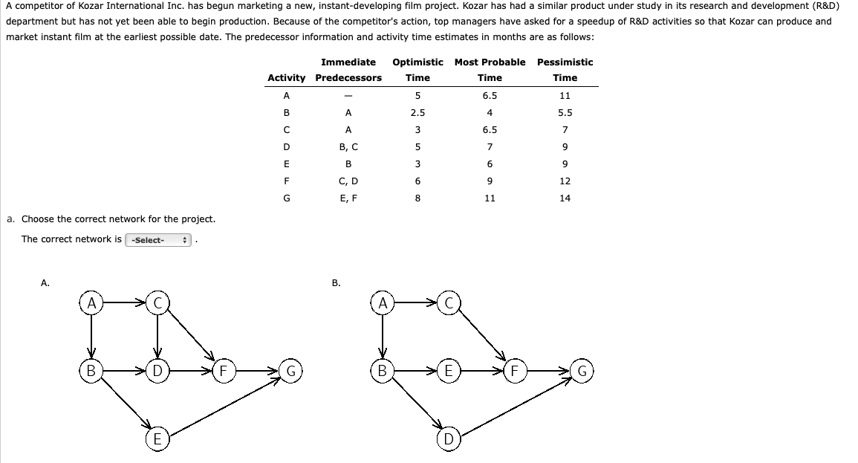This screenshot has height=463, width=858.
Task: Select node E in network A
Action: point(157,438)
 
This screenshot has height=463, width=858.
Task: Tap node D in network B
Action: point(448,438)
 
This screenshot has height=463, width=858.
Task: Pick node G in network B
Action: point(583,369)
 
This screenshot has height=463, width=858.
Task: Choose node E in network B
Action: point(448,369)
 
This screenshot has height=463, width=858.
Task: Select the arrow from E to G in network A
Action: point(223,405)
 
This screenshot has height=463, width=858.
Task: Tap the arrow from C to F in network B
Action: point(483,334)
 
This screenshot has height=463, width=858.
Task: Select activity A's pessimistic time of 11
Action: point(565,96)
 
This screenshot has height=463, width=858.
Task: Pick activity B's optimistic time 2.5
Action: point(417,113)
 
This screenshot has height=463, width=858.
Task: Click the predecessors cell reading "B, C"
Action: point(348,147)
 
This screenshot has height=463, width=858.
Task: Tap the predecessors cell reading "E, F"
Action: point(348,198)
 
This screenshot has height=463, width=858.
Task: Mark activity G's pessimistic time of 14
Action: point(565,198)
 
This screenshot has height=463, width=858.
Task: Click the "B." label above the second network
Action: point(336,282)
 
